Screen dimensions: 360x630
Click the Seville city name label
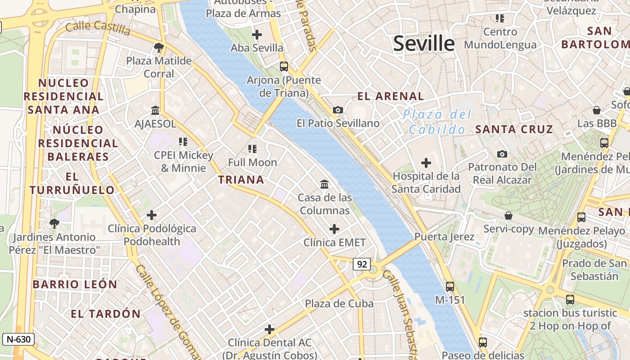(424, 44)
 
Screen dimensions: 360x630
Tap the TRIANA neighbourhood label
(241, 180)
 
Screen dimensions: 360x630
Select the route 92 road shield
(362, 264)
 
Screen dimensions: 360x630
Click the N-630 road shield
(18, 339)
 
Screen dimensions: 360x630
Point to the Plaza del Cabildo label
(437, 122)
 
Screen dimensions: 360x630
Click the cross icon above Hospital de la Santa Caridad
(426, 163)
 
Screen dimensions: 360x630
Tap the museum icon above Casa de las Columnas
(324, 184)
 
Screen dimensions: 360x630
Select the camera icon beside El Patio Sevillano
(337, 110)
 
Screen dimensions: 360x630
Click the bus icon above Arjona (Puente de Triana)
(283, 67)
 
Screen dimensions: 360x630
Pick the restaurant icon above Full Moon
(252, 148)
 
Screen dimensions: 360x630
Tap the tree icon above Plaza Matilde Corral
(158, 47)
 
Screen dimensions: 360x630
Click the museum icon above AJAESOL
(155, 110)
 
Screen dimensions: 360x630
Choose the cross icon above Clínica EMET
(334, 229)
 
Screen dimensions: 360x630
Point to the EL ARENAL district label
(391, 96)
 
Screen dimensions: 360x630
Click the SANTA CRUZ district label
(514, 129)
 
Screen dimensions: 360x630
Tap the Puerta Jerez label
(444, 237)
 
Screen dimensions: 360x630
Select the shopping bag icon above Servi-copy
(508, 216)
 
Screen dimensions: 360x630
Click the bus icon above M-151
(450, 286)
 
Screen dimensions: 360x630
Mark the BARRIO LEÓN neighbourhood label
(75, 284)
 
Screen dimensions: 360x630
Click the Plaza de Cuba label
(339, 303)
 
